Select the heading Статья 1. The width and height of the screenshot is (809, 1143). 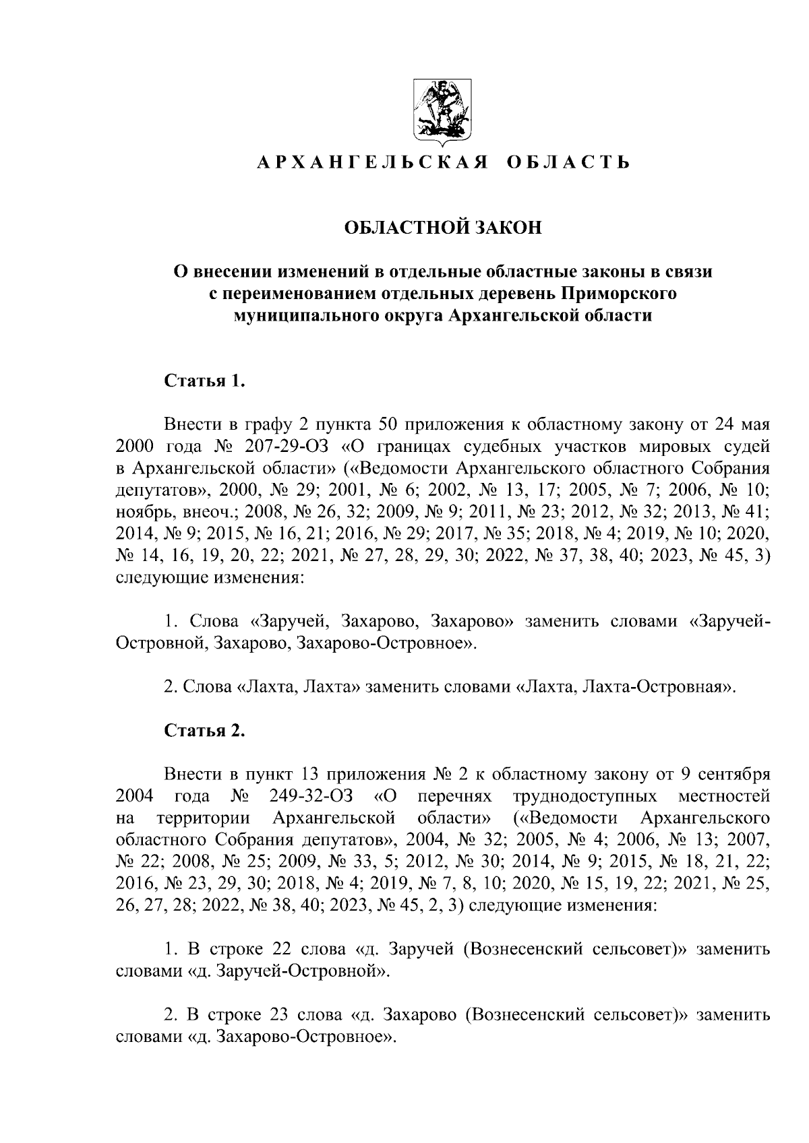point(204,382)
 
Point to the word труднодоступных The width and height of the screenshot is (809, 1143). point(585,797)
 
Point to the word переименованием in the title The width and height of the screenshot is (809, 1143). point(297,294)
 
